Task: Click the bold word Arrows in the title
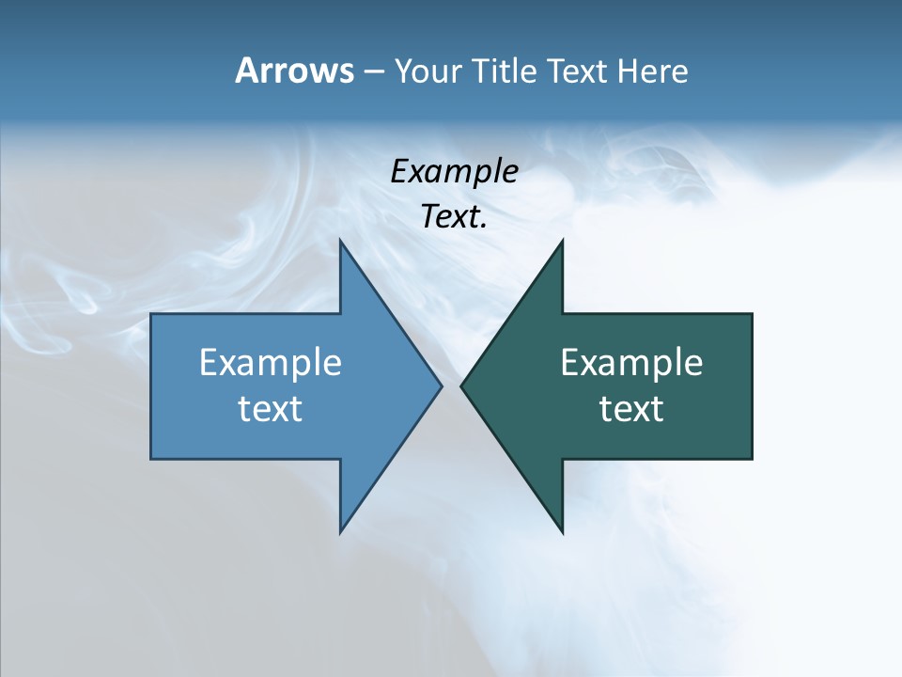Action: (293, 71)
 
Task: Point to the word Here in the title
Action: (653, 71)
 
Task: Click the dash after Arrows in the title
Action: (373, 71)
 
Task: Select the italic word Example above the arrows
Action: (455, 171)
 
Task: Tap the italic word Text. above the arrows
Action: (455, 217)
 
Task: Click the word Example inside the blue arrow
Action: (271, 362)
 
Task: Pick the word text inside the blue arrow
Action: (271, 408)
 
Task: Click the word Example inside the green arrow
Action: (631, 362)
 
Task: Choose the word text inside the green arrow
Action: (631, 408)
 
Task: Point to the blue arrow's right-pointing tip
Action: (441, 386)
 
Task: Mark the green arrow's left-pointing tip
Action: (461, 386)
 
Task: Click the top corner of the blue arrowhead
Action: (341, 240)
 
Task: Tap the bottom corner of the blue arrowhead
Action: (341, 532)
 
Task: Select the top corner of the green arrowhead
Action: (562, 240)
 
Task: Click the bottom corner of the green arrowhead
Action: (562, 532)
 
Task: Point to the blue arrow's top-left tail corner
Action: (152, 314)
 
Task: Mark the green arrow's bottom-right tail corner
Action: (751, 458)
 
